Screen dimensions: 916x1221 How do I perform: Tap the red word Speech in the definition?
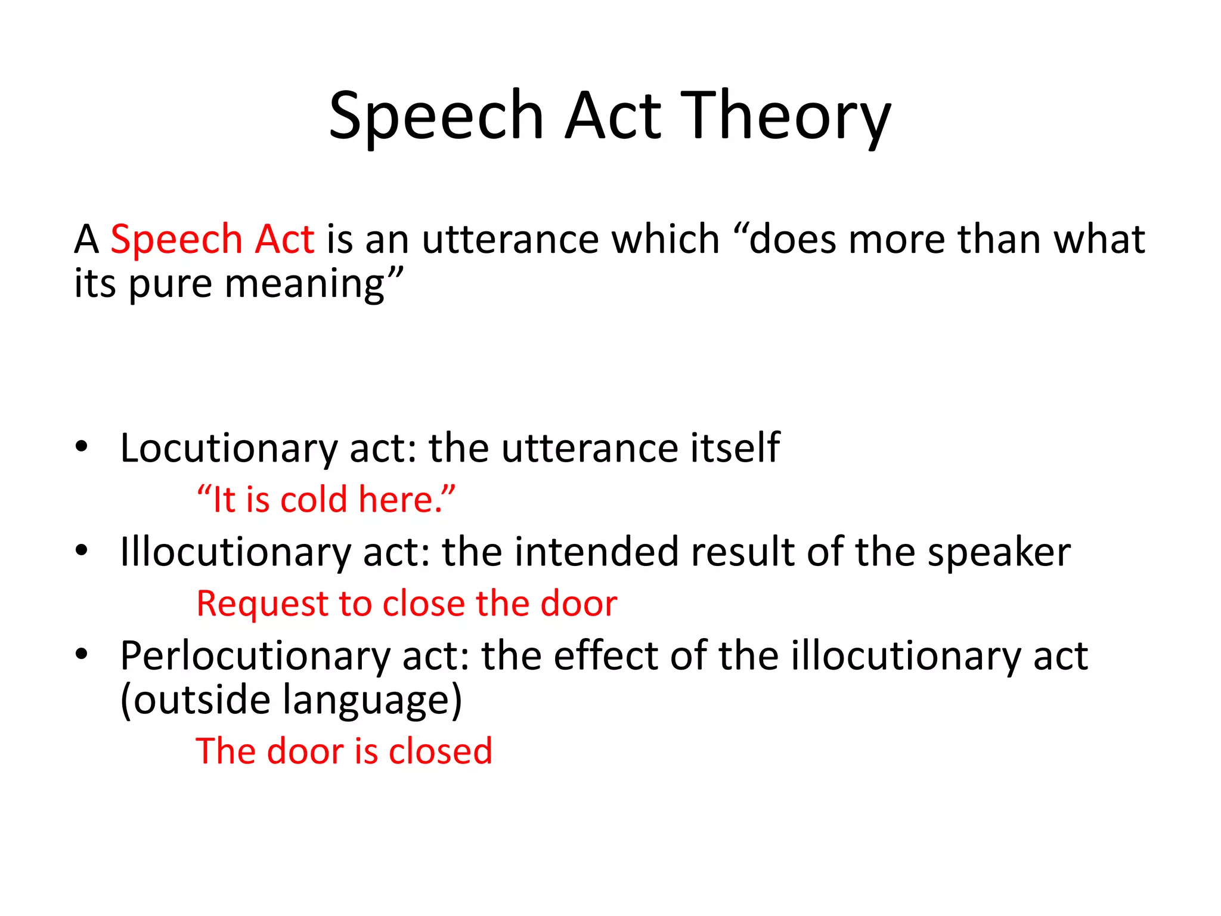pyautogui.click(x=176, y=239)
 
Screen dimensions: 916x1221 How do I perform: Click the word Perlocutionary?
pyautogui.click(x=255, y=656)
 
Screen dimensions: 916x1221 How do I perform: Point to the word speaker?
pyautogui.click(x=999, y=552)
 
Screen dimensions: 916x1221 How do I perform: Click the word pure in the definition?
pyautogui.click(x=170, y=284)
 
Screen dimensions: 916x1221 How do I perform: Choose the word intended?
pyautogui.click(x=596, y=552)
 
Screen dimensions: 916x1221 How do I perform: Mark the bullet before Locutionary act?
pyautogui.click(x=82, y=447)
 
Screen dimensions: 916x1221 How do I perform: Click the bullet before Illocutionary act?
pyautogui.click(x=82, y=550)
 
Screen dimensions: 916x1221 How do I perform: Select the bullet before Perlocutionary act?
pyautogui.click(x=82, y=654)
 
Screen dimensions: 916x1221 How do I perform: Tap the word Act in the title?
pyautogui.click(x=613, y=116)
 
